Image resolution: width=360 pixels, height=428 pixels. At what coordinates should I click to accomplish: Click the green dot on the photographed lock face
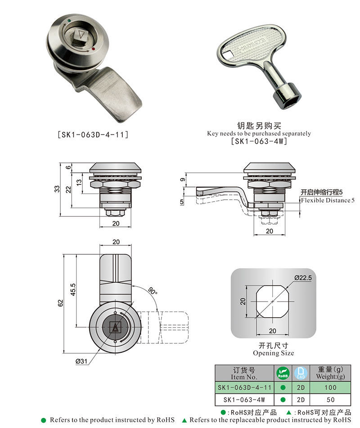pyautogui.click(x=68, y=20)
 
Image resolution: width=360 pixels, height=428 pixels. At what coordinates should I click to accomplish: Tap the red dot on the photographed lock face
pyautogui.click(x=93, y=48)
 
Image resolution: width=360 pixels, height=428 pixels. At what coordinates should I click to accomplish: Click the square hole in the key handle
pyautogui.click(x=230, y=56)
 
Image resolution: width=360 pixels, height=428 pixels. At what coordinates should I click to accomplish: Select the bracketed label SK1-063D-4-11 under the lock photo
pyautogui.click(x=93, y=134)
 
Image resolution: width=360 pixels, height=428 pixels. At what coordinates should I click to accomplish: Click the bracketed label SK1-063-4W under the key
pyautogui.click(x=259, y=141)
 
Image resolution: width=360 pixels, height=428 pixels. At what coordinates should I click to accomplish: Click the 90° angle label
pyautogui.click(x=153, y=292)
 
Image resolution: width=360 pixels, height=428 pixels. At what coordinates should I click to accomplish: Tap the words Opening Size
pyautogui.click(x=273, y=353)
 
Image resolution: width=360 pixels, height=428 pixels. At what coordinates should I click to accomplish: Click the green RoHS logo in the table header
pyautogui.click(x=283, y=373)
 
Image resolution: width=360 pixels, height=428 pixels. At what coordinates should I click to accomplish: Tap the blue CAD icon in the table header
pyautogui.click(x=300, y=373)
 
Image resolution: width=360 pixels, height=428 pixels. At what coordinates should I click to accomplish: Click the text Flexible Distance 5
pyautogui.click(x=328, y=200)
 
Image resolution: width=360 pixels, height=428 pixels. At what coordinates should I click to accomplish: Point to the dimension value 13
pyautogui.click(x=79, y=182)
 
